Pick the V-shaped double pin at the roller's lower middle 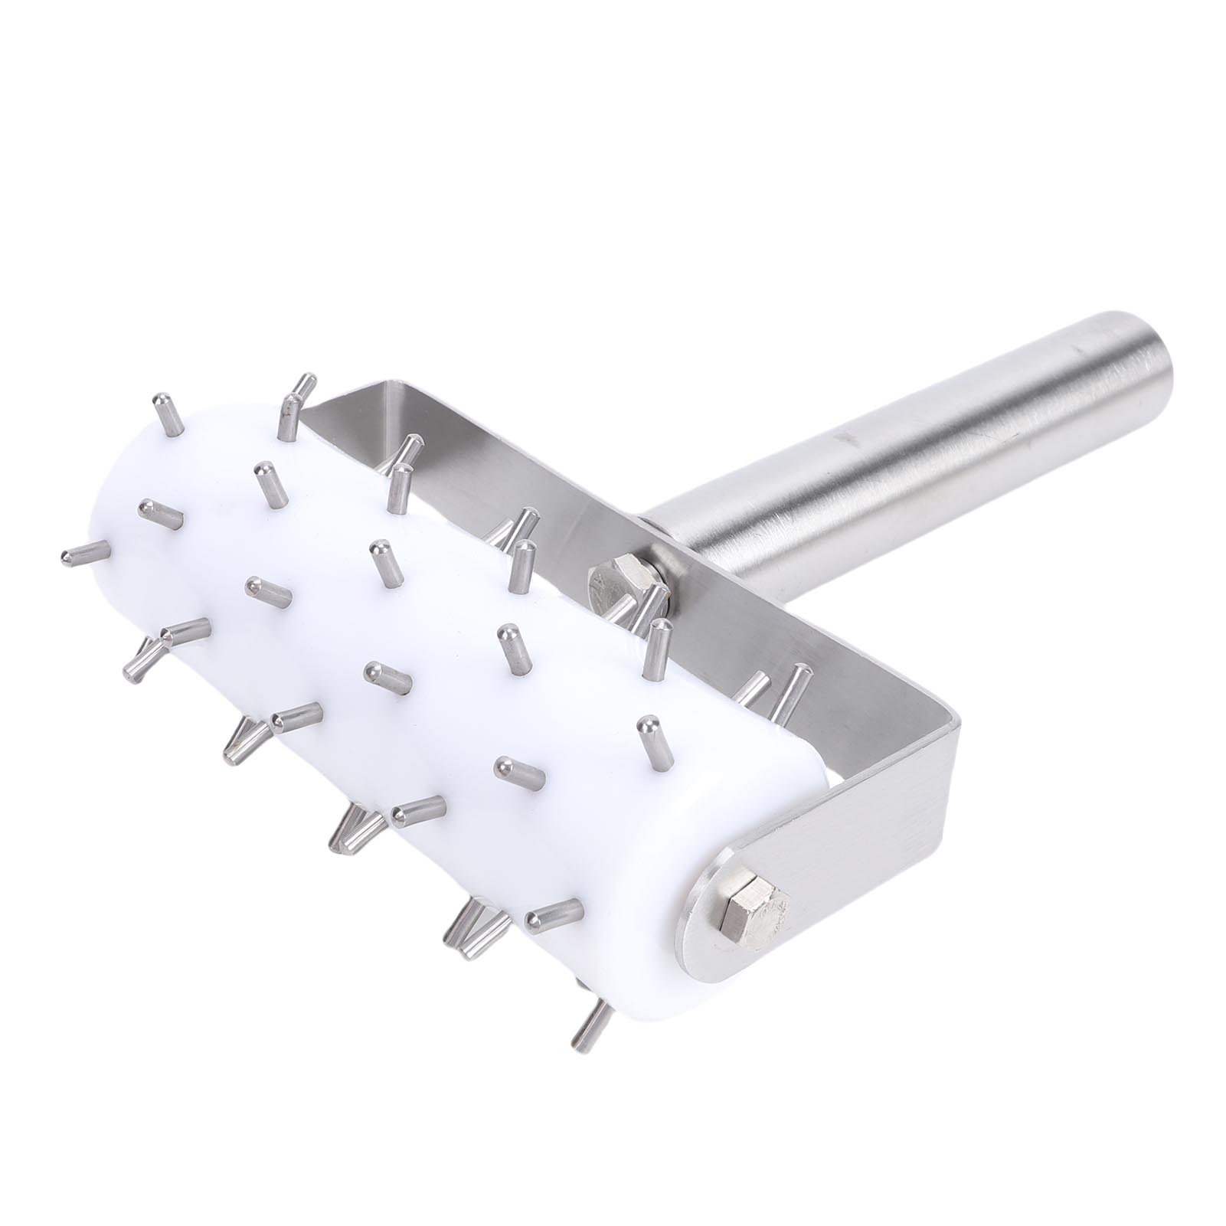[x=352, y=827]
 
